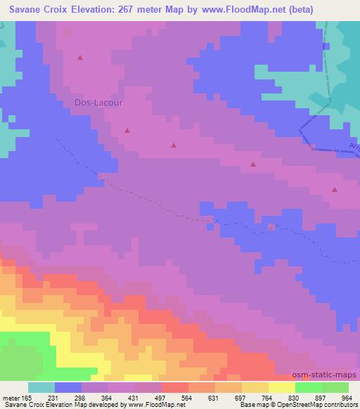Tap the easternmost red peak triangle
click(335, 189)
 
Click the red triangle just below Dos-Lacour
click(127, 130)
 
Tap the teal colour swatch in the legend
click(41, 387)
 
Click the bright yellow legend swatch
click(282, 387)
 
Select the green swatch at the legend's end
click(335, 387)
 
